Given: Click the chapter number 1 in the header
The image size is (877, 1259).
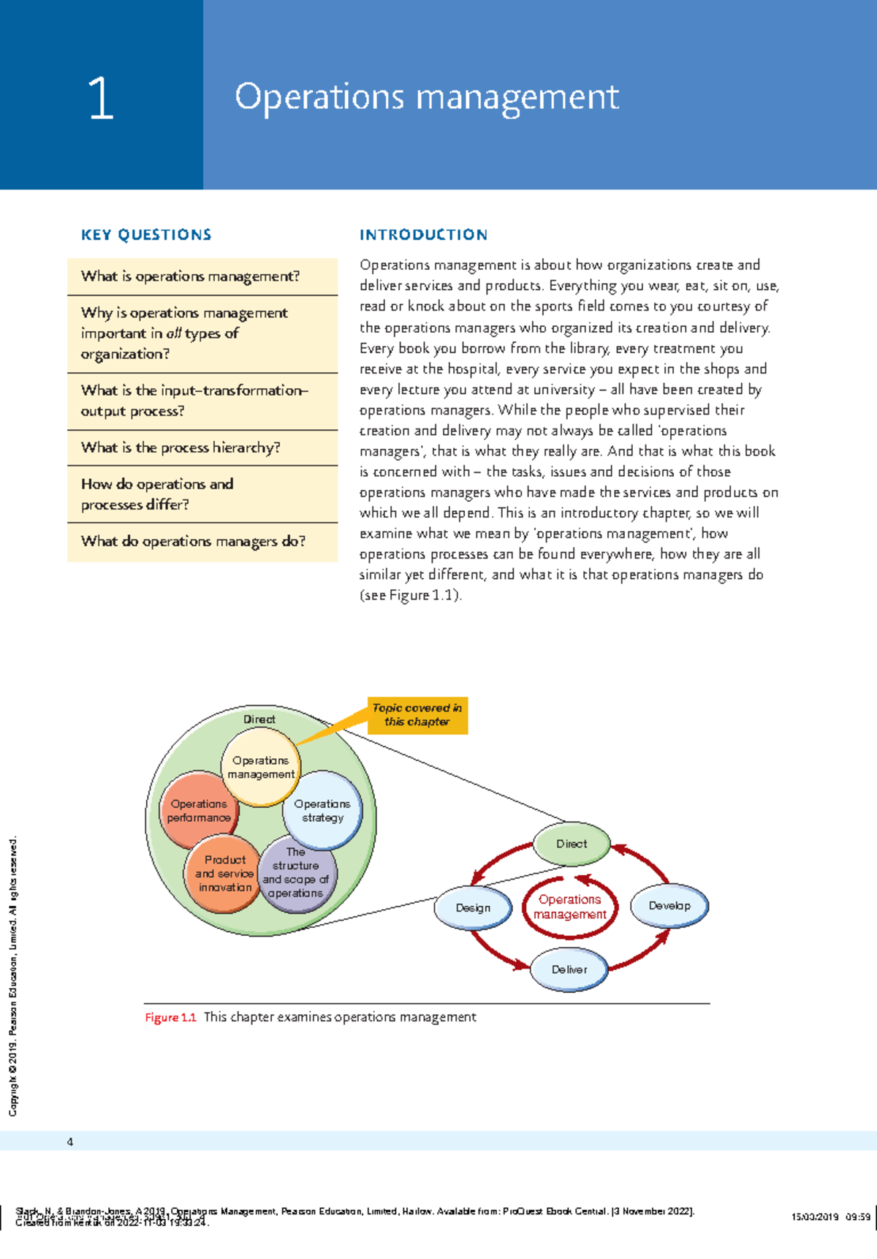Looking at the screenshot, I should (101, 99).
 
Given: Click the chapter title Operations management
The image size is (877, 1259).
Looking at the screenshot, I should (426, 97).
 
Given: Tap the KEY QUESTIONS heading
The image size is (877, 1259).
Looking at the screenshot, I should (146, 235).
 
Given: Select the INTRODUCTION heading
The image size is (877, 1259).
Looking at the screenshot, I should (423, 235).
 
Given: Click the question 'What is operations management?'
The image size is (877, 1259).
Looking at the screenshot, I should (190, 276).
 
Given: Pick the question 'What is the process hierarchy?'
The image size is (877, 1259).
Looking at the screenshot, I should (181, 447).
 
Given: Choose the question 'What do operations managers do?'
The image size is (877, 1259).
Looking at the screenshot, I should (193, 541).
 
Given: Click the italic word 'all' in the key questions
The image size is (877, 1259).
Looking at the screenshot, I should (173, 333).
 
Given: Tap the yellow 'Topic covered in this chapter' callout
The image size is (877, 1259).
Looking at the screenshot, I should (417, 715).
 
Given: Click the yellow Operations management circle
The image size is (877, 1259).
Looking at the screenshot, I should (260, 768).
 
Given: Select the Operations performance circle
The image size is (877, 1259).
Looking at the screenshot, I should (198, 810).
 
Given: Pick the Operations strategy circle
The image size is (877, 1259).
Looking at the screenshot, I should (322, 810).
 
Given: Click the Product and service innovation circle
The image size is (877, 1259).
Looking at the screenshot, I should (224, 874).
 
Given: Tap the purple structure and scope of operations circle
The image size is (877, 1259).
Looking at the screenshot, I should (296, 874).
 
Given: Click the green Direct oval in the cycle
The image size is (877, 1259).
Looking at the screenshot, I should (572, 844).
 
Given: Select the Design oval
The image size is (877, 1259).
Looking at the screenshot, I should (473, 907).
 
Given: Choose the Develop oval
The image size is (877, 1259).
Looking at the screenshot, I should (669, 905).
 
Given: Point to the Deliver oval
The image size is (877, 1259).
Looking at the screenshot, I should (569, 969).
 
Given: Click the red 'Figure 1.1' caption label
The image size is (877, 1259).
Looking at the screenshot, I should (170, 1017).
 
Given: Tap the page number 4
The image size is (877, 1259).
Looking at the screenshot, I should (70, 1142).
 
